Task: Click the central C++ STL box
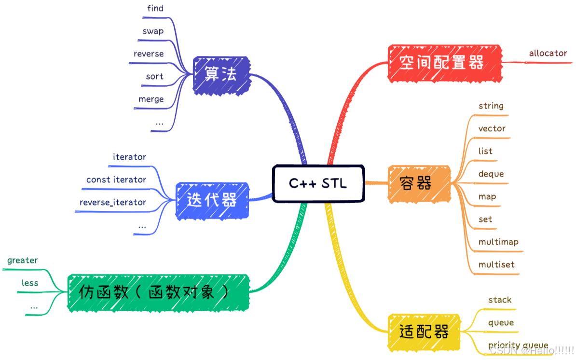coord(318,183)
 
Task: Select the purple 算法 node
coord(222,75)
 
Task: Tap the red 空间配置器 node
coord(444,63)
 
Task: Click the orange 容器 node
coord(418,183)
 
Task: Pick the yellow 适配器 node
coord(424,332)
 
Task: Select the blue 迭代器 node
coord(212,201)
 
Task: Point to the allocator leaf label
coord(548,53)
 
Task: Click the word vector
coord(492,128)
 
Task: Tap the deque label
coord(491,174)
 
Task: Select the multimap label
coord(498,242)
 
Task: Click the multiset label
coord(496,264)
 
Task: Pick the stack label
coord(499,300)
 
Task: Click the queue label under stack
coord(501,322)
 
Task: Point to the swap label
coord(153,31)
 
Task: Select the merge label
coord(151,99)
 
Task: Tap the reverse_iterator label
coord(113,202)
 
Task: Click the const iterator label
coord(116,180)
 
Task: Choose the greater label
coord(22,261)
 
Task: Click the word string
coord(491,106)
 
